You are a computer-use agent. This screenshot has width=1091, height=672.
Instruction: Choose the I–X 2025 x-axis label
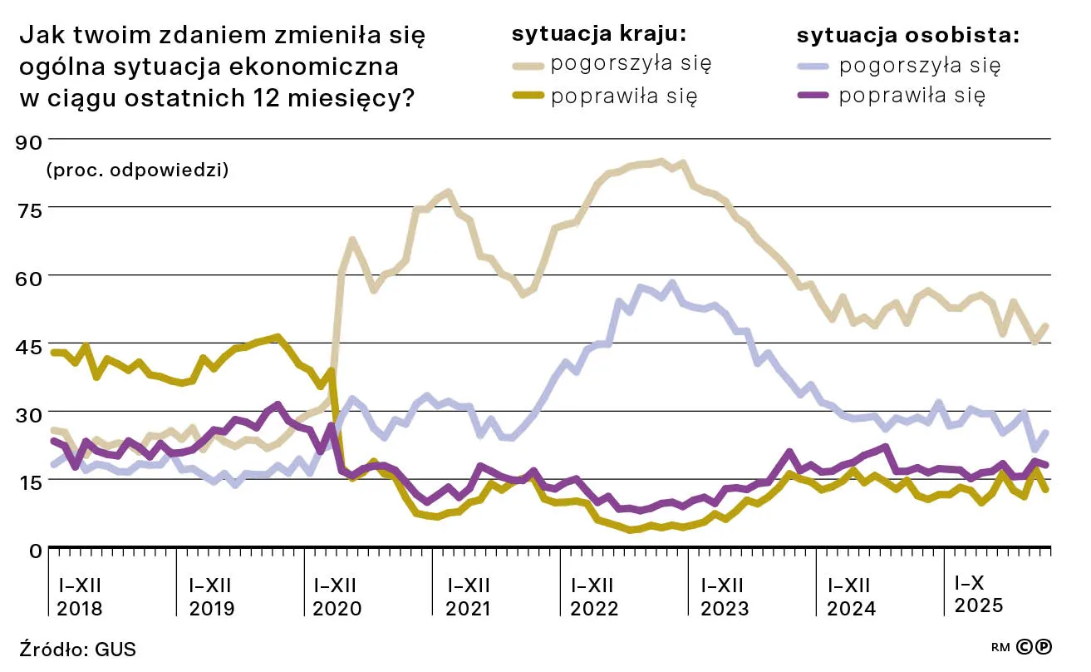[x=979, y=593]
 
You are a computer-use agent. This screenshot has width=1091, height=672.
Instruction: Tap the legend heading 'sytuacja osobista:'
[x=908, y=35]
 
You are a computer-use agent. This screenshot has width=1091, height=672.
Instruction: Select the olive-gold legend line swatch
[x=528, y=96]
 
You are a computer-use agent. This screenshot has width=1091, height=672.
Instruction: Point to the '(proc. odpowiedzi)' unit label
[x=138, y=170]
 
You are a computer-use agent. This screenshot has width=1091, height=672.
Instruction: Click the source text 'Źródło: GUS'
[x=77, y=649]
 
